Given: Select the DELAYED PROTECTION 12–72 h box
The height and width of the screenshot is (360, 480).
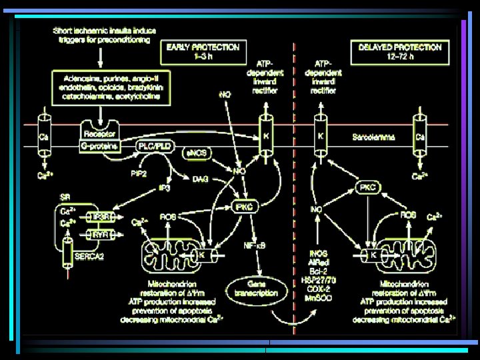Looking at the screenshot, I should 399,51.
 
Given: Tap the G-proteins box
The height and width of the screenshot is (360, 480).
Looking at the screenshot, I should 98,145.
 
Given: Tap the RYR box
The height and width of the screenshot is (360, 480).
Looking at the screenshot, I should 101,234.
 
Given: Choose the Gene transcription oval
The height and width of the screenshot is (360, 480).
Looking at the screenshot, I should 255,287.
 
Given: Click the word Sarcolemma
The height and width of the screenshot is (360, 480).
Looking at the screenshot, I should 374,137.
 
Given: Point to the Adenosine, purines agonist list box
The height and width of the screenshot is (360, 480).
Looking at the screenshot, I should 111,87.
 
